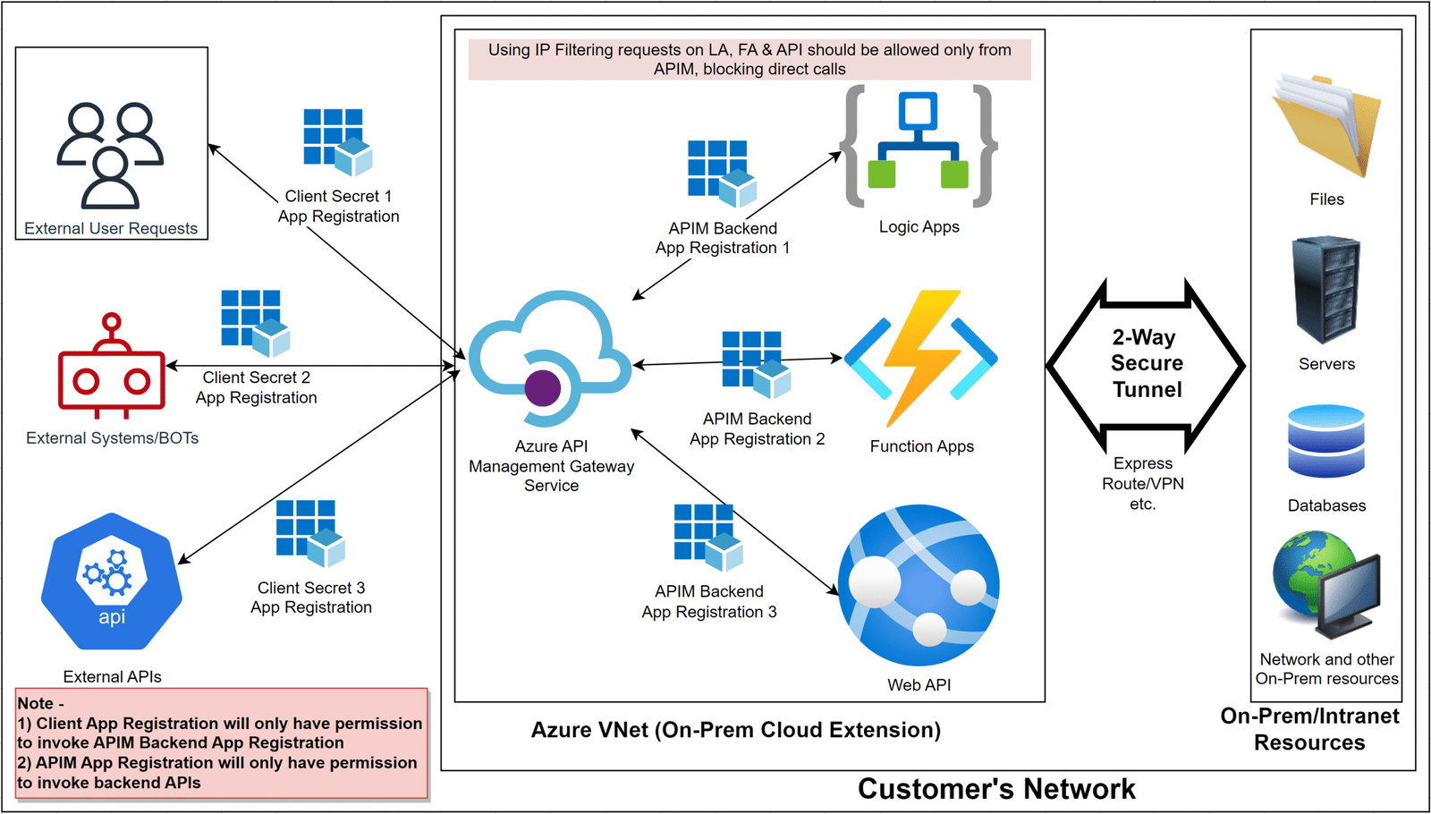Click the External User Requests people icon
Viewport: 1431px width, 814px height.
[x=110, y=155]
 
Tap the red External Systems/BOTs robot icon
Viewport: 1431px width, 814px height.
[x=112, y=367]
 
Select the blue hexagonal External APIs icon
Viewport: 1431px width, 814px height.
[x=112, y=581]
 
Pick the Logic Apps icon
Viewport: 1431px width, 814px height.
[x=919, y=145]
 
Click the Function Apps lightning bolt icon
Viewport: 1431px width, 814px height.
[x=921, y=358]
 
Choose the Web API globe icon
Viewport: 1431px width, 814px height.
[x=919, y=586]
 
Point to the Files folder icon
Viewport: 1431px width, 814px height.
[x=1326, y=125]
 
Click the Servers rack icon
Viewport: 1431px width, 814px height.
[x=1326, y=290]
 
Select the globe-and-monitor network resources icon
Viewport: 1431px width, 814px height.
[x=1326, y=586]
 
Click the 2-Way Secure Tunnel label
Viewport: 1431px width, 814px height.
[x=1147, y=363]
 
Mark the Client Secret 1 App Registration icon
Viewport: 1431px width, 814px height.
[x=337, y=141]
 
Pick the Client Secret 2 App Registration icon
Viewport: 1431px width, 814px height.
[x=256, y=323]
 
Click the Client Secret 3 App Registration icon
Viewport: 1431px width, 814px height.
[x=309, y=533]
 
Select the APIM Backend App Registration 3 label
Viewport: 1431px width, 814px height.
[x=709, y=602]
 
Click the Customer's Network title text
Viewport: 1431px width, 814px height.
[x=996, y=789]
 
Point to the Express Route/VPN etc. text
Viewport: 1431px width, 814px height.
[x=1142, y=484]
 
